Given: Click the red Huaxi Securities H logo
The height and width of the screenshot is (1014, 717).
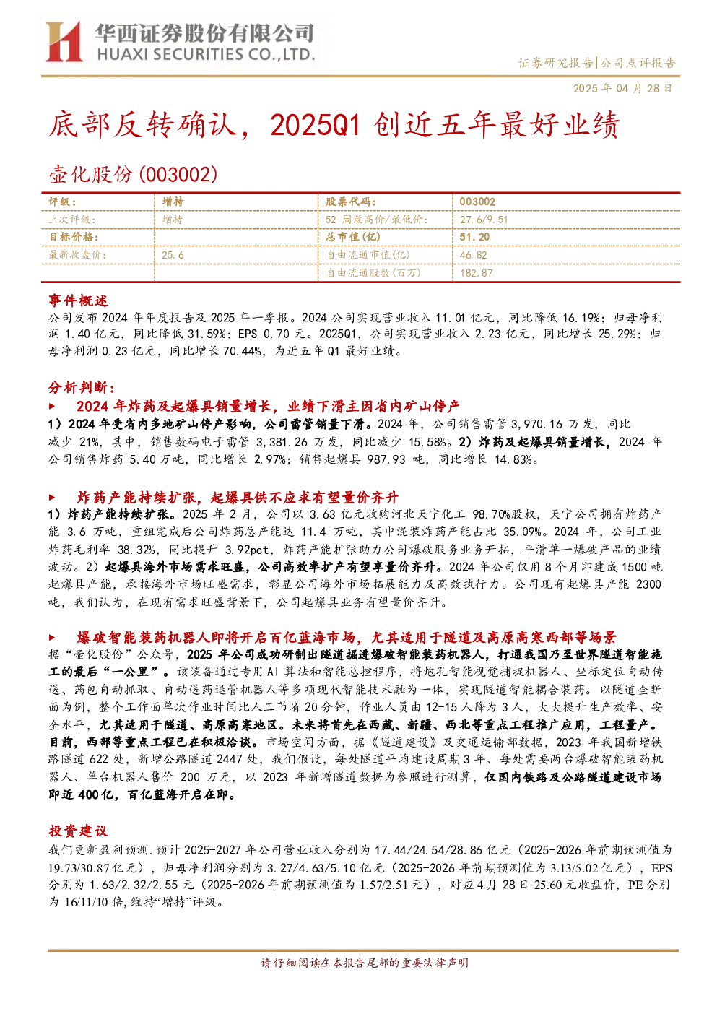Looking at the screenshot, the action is pos(64,42).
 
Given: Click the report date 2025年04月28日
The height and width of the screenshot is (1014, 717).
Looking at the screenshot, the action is pos(622,88).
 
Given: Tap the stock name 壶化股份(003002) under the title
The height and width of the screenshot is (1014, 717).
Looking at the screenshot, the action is pos(133,175).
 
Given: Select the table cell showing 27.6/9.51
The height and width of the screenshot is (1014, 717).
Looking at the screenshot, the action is pos(484,220).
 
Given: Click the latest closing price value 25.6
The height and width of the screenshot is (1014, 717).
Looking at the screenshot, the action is pos(173,255).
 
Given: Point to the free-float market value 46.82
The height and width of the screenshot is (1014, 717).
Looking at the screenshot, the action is pos(473,255).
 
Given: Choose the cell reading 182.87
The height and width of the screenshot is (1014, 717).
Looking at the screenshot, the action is pos(476,273).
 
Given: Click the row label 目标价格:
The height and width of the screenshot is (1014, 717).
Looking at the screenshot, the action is pos(74,237).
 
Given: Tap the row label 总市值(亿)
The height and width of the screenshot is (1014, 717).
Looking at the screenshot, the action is pos(352,237).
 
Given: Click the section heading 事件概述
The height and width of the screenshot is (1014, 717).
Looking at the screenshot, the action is pos(78,300).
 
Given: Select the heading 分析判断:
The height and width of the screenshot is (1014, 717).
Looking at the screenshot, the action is pos(82,387).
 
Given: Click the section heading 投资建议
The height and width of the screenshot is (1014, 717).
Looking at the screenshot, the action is pos(78,831).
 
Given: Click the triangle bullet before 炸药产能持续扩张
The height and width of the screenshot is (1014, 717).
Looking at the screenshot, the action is pos(52,498).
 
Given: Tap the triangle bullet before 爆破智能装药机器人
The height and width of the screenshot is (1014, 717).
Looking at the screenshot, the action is pos(52,638).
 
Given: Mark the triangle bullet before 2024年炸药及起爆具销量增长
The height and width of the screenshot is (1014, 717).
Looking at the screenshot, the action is pos(52,406).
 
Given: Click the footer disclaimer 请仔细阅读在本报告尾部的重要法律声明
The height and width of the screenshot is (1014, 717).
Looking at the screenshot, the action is pos(365,963).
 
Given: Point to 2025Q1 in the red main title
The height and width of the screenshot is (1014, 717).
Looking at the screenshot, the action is pos(315,126).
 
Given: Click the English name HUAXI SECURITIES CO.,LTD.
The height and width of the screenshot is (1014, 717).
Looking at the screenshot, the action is pos(206,55).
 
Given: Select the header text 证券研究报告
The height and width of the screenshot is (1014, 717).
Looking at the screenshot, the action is pos(555,63).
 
